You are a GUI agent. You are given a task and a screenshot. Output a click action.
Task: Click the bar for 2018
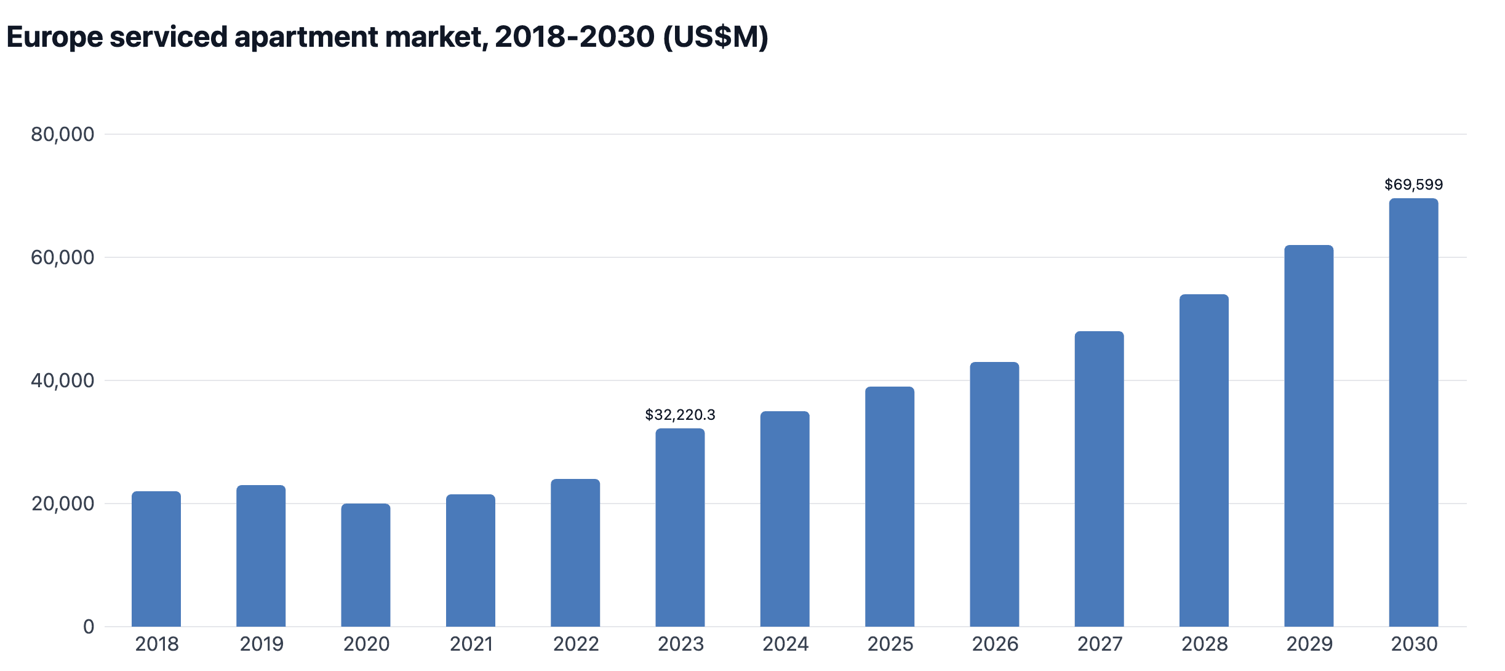156,559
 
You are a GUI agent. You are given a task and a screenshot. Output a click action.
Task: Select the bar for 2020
365,565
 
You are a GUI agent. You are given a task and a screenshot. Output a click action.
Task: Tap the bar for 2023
680,528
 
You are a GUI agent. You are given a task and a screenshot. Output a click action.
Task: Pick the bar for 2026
994,494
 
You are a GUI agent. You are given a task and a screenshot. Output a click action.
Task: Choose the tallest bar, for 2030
1413,412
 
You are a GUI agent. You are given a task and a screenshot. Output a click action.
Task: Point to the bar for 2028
1204,460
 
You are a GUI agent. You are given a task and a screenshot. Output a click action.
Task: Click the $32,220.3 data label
680,415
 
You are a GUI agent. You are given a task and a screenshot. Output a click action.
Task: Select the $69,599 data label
1413,185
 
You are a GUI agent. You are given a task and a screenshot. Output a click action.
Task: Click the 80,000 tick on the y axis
63,134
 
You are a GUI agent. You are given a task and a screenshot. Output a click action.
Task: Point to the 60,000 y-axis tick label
63,257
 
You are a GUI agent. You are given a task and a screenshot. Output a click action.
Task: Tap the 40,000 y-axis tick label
63,380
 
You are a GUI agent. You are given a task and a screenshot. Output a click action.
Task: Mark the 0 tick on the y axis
89,627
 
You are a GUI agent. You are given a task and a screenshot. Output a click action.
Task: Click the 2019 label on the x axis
261,644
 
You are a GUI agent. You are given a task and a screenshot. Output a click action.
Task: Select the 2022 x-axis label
575,644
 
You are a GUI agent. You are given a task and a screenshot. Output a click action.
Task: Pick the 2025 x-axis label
890,644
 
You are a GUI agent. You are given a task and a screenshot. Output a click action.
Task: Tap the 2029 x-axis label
1309,644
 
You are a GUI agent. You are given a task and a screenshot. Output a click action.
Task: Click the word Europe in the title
55,37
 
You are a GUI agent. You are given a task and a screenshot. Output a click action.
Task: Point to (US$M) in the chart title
716,37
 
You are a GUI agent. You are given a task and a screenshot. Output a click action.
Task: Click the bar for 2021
471,560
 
